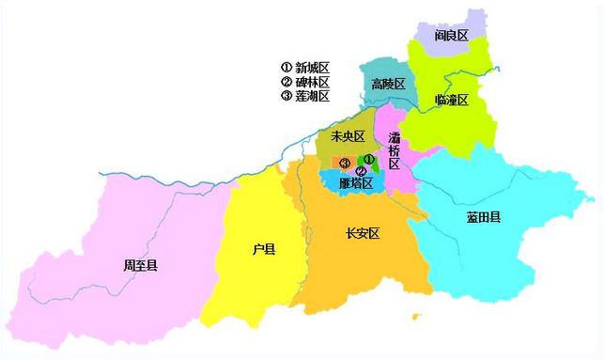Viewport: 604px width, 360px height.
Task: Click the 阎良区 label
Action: [452, 36]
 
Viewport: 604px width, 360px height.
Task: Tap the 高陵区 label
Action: [388, 84]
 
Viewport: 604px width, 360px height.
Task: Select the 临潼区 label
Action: [452, 100]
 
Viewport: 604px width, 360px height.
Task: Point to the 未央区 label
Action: [348, 137]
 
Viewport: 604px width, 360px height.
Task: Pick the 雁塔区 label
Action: [356, 183]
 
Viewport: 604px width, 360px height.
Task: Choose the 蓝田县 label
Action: [484, 217]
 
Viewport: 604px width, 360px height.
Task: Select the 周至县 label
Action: [140, 266]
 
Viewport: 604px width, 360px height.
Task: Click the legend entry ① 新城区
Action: [305, 68]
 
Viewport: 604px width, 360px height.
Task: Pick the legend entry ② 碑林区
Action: [305, 82]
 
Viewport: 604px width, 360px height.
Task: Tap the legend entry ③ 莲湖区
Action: [305, 96]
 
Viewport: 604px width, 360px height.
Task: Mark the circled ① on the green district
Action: [369, 160]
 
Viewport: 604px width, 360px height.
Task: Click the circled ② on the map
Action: [361, 171]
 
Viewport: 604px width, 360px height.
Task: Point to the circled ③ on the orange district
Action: [345, 164]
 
